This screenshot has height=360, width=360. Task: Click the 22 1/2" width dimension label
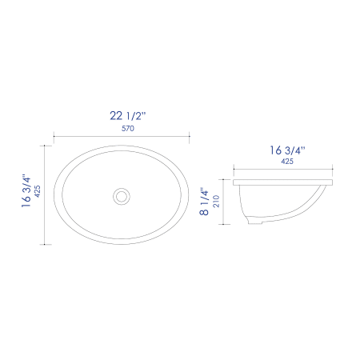128,116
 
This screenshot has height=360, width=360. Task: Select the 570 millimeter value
128,129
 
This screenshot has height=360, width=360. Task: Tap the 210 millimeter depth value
216,201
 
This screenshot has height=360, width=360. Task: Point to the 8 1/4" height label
204,202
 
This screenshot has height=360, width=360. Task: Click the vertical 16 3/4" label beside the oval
26,191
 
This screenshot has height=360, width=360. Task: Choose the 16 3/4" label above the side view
287,150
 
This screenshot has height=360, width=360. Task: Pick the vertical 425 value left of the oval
38,191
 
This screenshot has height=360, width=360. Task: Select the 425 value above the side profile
287,162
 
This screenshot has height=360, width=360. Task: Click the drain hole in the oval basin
122,196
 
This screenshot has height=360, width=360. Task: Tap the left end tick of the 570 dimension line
54,136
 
